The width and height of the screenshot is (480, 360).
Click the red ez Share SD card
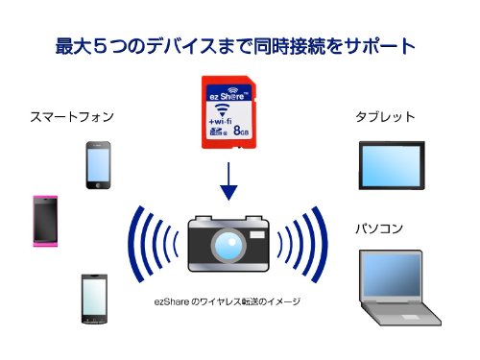click(x=228, y=112)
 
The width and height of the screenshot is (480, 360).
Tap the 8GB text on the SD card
click(x=241, y=131)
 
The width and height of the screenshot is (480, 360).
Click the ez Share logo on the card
click(x=228, y=94)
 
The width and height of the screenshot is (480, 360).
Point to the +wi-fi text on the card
click(x=220, y=121)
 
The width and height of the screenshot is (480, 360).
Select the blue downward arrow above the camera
click(x=228, y=181)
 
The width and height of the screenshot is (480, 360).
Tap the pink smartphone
click(x=45, y=221)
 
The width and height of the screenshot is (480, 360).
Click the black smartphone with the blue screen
click(x=98, y=165)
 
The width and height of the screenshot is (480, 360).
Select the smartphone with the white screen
click(x=94, y=299)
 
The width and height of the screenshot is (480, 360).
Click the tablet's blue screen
click(x=392, y=165)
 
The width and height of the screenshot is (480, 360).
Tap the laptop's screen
click(x=392, y=276)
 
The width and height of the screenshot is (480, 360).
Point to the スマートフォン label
click(x=72, y=117)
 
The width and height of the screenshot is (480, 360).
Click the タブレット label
click(x=385, y=117)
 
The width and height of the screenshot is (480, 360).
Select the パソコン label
click(x=379, y=228)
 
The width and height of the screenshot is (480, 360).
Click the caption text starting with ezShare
click(x=228, y=301)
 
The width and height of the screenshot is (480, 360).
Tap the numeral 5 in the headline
click(x=100, y=46)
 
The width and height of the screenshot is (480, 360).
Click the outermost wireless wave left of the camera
click(x=133, y=245)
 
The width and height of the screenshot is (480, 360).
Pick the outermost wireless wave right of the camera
click(x=322, y=245)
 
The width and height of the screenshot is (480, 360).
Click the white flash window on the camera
click(x=257, y=234)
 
